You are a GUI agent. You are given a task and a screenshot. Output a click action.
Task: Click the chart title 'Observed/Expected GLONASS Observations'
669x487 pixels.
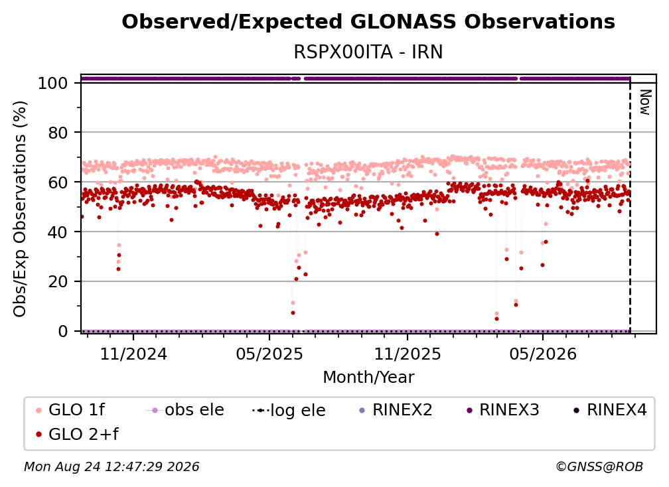click(x=368, y=22)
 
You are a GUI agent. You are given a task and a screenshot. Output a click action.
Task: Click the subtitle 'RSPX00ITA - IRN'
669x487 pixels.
click(x=368, y=52)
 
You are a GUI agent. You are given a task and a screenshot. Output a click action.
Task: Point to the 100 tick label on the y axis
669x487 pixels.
click(x=52, y=83)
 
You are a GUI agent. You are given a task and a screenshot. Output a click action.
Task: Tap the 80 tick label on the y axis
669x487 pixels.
click(x=58, y=133)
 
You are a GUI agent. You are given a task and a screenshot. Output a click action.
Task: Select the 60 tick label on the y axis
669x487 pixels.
click(x=58, y=182)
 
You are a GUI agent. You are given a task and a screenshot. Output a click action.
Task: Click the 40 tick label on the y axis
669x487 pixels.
click(x=58, y=232)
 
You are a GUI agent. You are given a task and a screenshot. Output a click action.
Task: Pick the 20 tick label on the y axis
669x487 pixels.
click(x=58, y=282)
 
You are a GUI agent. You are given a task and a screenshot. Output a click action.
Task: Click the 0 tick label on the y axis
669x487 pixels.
click(x=63, y=331)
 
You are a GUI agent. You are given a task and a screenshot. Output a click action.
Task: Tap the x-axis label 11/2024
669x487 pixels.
click(x=133, y=354)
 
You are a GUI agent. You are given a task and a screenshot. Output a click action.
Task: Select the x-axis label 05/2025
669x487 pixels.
click(x=269, y=354)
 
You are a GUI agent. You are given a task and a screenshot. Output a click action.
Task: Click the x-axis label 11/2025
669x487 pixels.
click(x=408, y=354)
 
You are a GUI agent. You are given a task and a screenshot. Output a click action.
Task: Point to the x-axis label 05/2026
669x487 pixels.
click(x=543, y=354)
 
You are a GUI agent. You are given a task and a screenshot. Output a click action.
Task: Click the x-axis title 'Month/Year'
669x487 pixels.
click(x=368, y=378)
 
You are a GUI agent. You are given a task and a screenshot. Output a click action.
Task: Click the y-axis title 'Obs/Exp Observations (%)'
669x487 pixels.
click(x=20, y=208)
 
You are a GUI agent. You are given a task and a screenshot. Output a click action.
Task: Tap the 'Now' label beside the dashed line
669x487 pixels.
click(x=645, y=102)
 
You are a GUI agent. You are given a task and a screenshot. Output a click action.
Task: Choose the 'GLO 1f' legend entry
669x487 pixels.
click(x=70, y=410)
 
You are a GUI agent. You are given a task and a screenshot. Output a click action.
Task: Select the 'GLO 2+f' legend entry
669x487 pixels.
click(x=77, y=434)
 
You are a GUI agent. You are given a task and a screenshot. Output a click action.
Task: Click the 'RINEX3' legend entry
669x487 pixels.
click(x=503, y=410)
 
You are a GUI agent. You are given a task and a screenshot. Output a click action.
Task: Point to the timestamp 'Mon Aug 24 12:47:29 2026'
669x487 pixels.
click(x=111, y=467)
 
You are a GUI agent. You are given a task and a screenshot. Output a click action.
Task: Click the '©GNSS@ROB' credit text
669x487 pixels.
click(x=599, y=467)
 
